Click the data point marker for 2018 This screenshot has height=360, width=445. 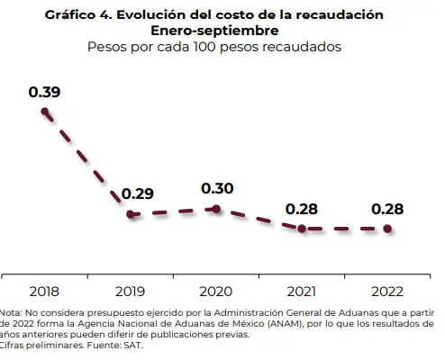tap(44, 111)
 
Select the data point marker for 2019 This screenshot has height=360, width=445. tap(130, 214)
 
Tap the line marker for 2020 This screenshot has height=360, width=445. tap(216, 209)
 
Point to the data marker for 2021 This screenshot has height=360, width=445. tap(302, 229)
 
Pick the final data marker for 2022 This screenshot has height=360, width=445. tap(388, 229)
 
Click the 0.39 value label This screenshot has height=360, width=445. tap(44, 92)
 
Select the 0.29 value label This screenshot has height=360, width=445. tap(138, 193)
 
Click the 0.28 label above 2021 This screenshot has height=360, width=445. tap(302, 209)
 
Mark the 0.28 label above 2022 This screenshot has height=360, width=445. tap(387, 209)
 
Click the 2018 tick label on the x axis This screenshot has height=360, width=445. tap(44, 291)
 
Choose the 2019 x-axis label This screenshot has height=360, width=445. tap(130, 291)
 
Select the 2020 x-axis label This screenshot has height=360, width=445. tap(216, 291)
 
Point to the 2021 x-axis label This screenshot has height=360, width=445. tap(302, 291)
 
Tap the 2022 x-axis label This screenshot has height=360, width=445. tap(387, 291)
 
